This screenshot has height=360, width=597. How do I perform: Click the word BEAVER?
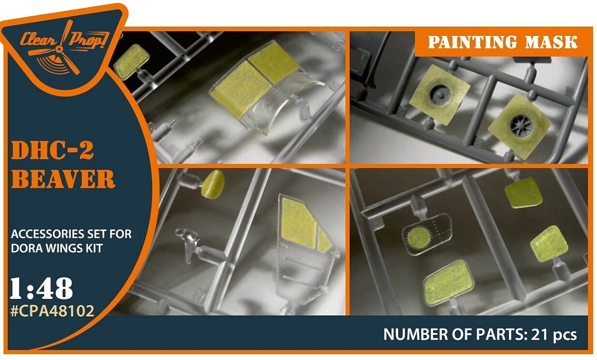(x=63, y=179)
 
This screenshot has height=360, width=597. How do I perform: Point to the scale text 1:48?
(x=41, y=289)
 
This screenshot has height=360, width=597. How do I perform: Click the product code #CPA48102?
(x=52, y=311)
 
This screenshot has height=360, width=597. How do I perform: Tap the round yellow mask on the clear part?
(x=419, y=237)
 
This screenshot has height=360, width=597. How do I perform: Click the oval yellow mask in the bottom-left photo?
(x=213, y=185)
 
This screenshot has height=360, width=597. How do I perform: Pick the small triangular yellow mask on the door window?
(x=323, y=240)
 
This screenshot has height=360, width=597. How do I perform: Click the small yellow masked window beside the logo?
(x=131, y=62)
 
